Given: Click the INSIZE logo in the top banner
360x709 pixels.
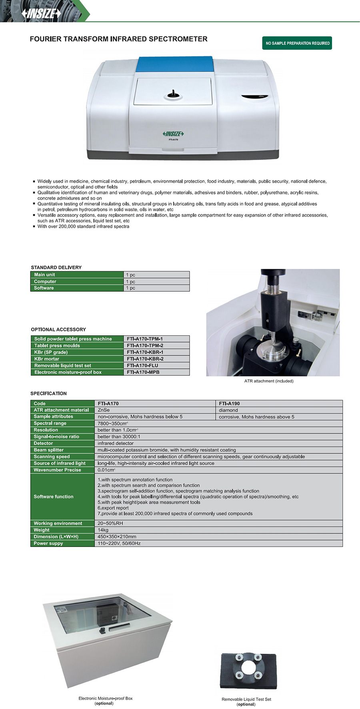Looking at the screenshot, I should tap(41, 13).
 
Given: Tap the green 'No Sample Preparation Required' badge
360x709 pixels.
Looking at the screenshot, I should tap(297, 43).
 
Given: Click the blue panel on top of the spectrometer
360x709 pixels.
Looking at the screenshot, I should tap(175, 64).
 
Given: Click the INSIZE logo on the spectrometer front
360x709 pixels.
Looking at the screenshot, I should tap(173, 134).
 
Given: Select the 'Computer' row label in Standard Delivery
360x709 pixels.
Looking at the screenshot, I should tap(45, 282).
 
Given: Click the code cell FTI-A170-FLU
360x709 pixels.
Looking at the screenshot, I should tap(142, 366).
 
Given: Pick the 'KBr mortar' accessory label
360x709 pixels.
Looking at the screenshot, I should tap(47, 359).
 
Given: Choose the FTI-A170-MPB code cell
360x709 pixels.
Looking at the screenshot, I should tap(143, 373).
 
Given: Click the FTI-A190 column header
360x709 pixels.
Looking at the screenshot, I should tap(230, 404).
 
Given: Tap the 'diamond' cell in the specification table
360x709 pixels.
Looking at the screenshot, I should tap(228, 410).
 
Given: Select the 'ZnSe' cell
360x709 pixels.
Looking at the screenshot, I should tap(104, 410).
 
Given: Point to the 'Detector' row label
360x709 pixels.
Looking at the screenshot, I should tap(43, 443).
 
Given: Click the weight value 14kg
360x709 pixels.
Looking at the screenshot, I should tap(103, 530).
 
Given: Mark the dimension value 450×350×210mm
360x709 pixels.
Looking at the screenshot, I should tap(117, 537).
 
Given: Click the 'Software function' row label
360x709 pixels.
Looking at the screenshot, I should tap(54, 497).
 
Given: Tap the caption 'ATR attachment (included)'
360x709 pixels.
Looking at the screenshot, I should tap(269, 381).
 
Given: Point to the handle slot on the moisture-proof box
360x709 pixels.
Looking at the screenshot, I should tap(119, 626).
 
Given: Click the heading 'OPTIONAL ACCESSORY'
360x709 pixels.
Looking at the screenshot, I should tap(58, 330).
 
